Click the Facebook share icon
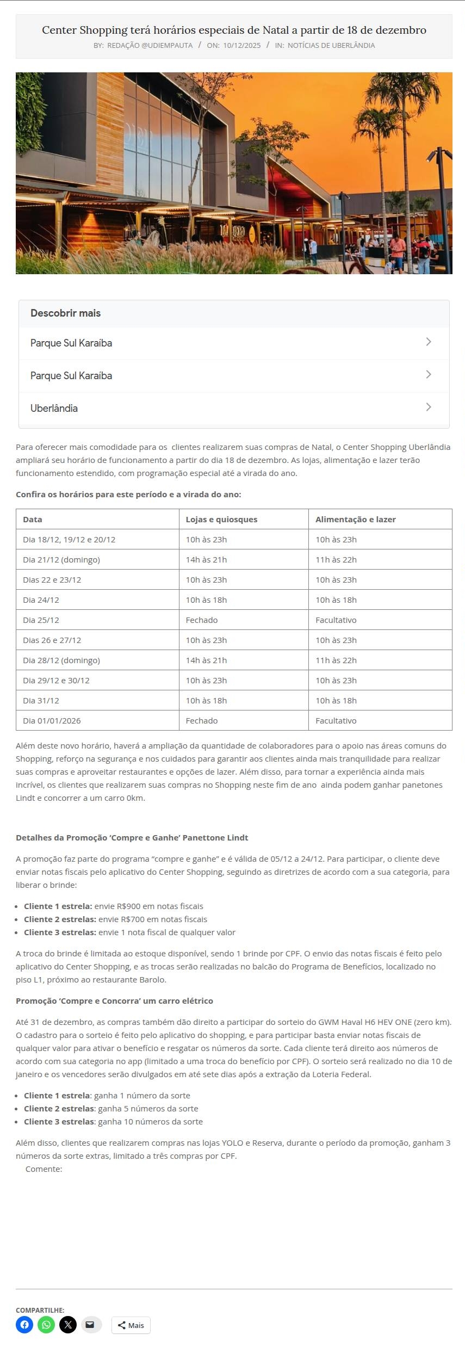point(24,1324)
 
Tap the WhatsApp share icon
point(46,1324)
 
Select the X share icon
point(68,1324)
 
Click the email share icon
point(90,1324)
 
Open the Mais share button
point(131,1325)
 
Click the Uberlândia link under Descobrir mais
point(54,408)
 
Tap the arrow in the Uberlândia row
point(429,407)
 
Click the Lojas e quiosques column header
point(221,519)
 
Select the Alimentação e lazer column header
point(355,519)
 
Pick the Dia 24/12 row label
point(41,600)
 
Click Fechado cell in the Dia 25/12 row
point(202,620)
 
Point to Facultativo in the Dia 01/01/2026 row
point(336,720)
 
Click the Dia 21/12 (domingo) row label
point(61,559)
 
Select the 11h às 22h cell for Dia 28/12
point(336,660)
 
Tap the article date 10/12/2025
point(241,45)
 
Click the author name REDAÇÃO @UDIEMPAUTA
point(150,45)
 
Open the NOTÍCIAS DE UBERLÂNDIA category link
point(331,45)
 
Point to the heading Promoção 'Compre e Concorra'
point(114,1000)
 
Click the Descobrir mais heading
point(65,313)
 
